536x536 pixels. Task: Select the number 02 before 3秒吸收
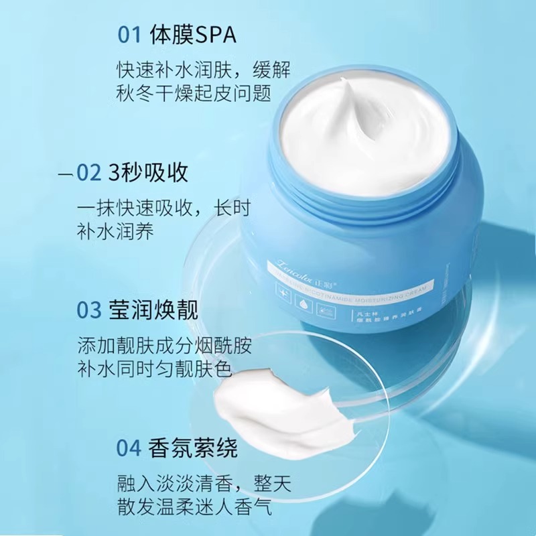coord(88,174)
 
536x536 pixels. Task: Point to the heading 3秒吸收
coord(148,174)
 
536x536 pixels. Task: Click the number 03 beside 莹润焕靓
coord(88,312)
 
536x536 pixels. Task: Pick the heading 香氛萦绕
coord(195,448)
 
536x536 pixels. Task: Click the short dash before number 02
coord(65,175)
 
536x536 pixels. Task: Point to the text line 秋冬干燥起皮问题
coord(192,93)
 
